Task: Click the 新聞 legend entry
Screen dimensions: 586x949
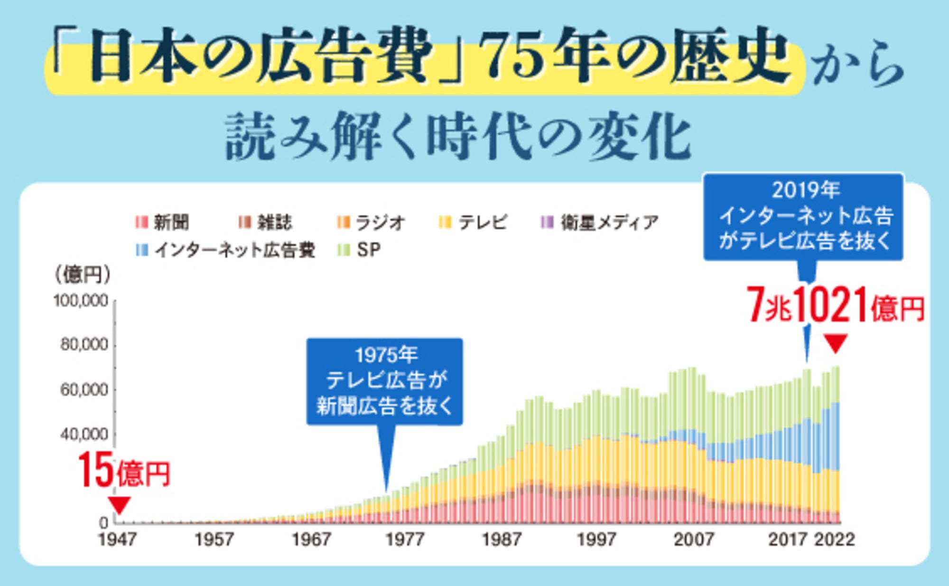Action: [163, 222]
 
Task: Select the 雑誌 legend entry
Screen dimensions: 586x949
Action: [266, 222]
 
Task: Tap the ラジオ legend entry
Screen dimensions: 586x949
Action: [372, 222]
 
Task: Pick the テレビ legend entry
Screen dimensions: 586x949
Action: [474, 222]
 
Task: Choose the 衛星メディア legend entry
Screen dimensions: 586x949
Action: [600, 222]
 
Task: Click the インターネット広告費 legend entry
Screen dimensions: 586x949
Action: [226, 250]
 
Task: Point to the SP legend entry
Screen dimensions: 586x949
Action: [359, 250]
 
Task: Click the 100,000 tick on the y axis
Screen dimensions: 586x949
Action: [81, 301]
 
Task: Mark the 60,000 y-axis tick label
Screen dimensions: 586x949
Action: [84, 390]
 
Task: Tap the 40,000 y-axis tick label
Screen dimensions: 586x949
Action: [84, 434]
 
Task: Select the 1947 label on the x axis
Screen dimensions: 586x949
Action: [117, 539]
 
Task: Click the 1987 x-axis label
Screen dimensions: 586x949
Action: [501, 539]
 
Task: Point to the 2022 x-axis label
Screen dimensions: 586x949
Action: [835, 539]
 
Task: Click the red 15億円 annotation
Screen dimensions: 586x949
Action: [123, 471]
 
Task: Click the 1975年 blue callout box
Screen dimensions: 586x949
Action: [384, 381]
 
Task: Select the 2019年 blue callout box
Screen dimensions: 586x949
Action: [803, 217]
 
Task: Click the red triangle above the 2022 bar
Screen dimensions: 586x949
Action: [835, 343]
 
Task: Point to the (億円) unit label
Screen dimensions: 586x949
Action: [82, 274]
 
